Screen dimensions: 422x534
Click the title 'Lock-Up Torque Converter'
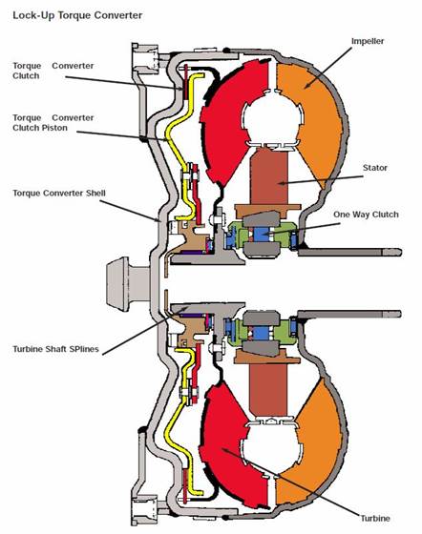coord(77,15)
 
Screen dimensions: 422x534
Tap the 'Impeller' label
coord(368,41)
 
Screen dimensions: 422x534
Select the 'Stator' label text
coord(375,168)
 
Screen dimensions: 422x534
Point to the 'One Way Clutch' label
coord(366,215)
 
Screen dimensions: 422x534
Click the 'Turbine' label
coord(375,519)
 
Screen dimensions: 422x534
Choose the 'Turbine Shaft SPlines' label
coord(55,349)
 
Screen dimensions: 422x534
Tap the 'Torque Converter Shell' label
coord(59,193)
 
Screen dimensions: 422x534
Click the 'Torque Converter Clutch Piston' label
coord(53,123)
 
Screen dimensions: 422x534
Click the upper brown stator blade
coord(269,176)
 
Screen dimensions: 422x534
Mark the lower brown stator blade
coord(268,389)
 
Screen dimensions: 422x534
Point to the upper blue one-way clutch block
coord(262,234)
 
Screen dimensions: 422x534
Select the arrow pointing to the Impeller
coord(327,68)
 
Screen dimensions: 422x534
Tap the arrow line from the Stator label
coord(320,180)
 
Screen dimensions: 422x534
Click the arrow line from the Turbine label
coord(291,483)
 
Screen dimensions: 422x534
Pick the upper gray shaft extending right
coord(349,253)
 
